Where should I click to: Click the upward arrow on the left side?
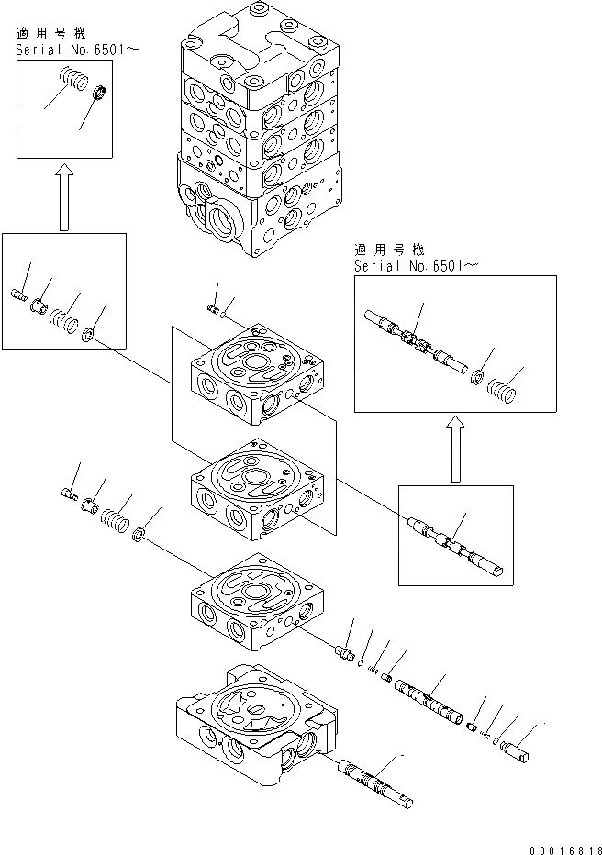[x=63, y=201]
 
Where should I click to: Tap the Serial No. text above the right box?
[x=416, y=265]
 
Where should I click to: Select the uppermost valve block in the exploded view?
[x=254, y=377]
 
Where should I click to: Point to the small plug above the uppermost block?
[x=213, y=310]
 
